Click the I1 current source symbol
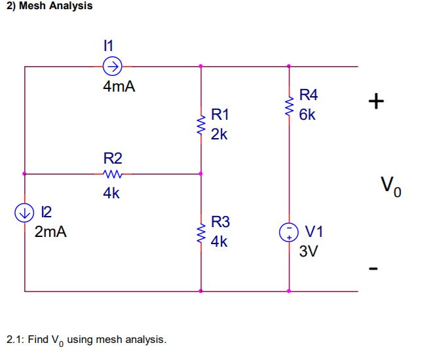click(113, 66)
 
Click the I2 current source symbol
click(25, 212)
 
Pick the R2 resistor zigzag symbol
click(113, 174)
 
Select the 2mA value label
click(50, 232)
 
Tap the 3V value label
click(309, 251)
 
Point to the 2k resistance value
click(219, 135)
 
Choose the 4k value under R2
click(111, 194)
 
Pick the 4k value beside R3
click(219, 242)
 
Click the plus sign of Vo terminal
click(376, 101)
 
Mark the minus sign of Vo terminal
click(374, 268)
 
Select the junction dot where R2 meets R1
click(200, 174)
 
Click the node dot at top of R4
click(288, 66)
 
